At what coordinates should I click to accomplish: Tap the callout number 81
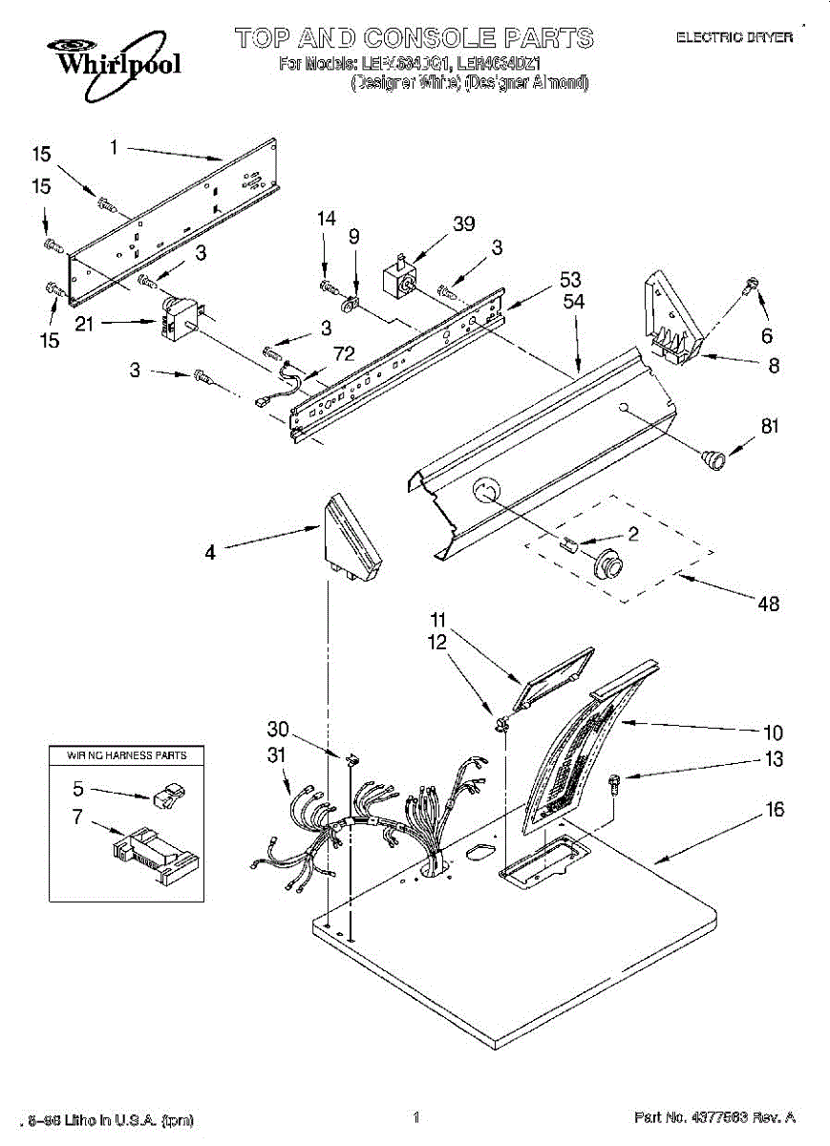(x=770, y=427)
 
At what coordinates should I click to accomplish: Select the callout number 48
(x=768, y=603)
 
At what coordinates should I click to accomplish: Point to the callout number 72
(x=344, y=354)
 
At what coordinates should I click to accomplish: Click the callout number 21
(x=84, y=325)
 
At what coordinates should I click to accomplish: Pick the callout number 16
(x=775, y=810)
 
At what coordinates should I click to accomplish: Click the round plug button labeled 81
(x=713, y=458)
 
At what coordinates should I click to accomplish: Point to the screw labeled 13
(x=614, y=783)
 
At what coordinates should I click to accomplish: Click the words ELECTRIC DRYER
(x=734, y=37)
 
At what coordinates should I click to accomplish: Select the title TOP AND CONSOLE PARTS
(x=414, y=38)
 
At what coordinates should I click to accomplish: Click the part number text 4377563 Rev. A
(x=714, y=1117)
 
